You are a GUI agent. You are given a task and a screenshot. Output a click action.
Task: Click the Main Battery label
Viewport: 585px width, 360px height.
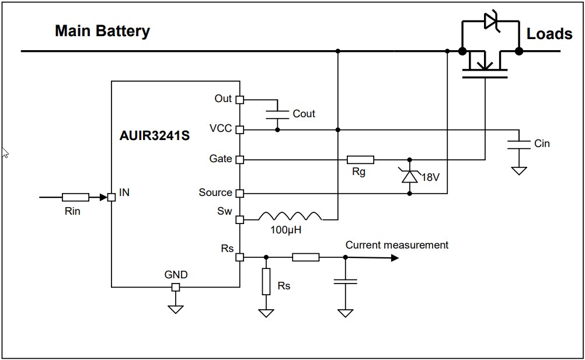(102, 31)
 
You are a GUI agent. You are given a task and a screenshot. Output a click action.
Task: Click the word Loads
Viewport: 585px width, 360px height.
(549, 34)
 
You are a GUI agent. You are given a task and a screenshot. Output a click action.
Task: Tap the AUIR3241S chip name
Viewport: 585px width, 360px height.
(154, 137)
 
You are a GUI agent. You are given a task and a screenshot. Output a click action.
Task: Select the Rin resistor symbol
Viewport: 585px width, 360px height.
(75, 197)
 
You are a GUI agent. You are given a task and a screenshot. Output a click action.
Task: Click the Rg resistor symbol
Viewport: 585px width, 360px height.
(360, 159)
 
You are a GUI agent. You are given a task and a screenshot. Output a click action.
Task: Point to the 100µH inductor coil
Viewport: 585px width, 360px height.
(290, 216)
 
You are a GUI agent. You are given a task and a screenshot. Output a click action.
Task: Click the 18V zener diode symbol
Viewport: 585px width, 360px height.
(410, 176)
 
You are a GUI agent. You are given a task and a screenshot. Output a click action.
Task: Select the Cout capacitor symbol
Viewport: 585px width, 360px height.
(277, 114)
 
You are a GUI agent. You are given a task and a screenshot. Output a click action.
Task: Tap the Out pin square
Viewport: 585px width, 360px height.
(239, 100)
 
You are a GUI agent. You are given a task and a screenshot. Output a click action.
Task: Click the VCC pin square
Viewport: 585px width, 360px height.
(239, 130)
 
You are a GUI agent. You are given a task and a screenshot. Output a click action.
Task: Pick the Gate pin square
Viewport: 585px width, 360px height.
(239, 159)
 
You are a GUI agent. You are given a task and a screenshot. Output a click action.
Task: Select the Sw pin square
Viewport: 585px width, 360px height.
(239, 220)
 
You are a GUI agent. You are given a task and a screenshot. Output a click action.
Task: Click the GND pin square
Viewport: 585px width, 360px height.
(176, 287)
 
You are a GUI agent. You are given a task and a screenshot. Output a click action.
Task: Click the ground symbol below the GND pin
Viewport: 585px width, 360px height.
(176, 309)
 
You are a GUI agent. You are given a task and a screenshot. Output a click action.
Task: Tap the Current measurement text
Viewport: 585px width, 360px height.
(396, 245)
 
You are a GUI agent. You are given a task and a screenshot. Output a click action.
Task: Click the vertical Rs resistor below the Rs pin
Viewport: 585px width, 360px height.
(266, 282)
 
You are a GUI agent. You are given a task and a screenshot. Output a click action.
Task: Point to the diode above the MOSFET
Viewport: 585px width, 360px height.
(490, 22)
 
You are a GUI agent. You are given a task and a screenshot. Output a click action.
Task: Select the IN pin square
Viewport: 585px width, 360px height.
(112, 197)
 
